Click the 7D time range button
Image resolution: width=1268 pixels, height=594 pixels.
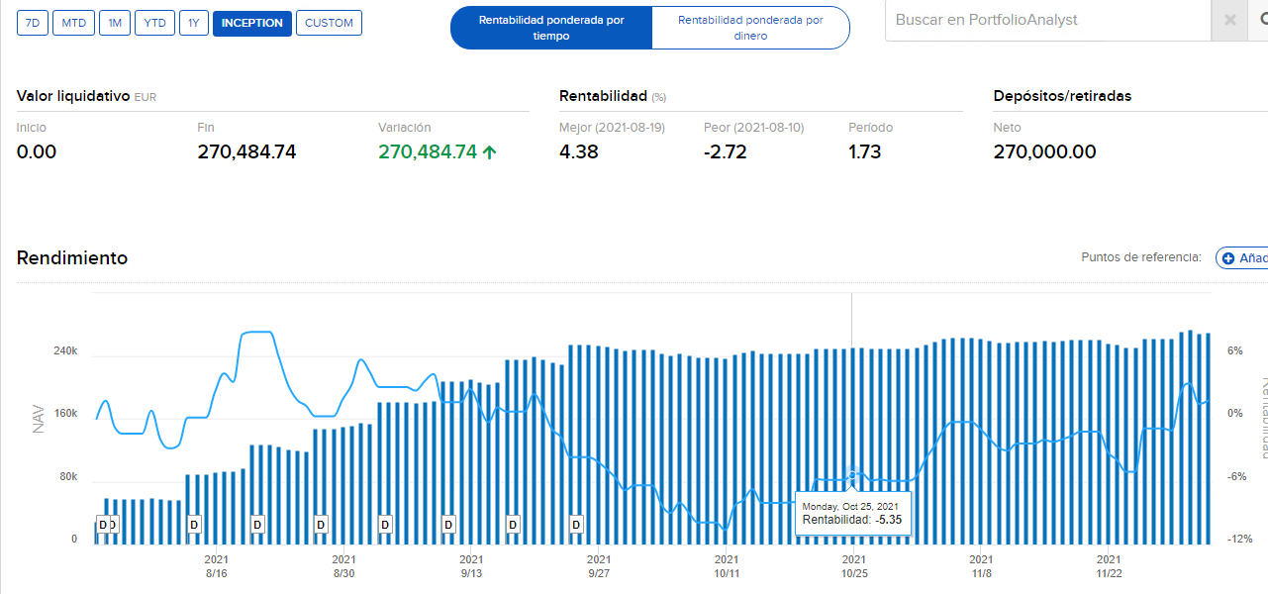33,23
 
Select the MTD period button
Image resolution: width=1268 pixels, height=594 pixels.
73,23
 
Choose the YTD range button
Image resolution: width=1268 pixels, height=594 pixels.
154,23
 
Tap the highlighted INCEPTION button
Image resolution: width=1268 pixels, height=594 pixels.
251,23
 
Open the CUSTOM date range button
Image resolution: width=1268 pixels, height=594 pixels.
329,23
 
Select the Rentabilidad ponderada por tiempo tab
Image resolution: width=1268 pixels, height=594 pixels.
551,28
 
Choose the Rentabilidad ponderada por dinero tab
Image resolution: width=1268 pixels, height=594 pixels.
750,28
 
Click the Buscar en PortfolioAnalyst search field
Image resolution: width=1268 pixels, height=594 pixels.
1047,20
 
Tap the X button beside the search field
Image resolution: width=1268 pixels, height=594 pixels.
1230,20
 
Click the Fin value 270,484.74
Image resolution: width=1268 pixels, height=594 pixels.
246,151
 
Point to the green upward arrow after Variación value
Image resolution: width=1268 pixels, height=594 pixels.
489,151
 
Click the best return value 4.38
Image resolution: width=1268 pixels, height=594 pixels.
578,151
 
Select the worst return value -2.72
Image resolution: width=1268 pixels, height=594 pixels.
725,151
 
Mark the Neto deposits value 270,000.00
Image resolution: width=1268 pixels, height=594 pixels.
1044,151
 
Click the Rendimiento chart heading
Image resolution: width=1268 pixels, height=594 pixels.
72,257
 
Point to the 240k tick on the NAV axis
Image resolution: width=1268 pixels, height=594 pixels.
65,351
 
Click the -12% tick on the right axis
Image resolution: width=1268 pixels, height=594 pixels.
1240,540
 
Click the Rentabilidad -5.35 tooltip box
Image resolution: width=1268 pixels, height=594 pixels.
852,513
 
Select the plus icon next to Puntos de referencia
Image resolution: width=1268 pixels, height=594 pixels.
1228,258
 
